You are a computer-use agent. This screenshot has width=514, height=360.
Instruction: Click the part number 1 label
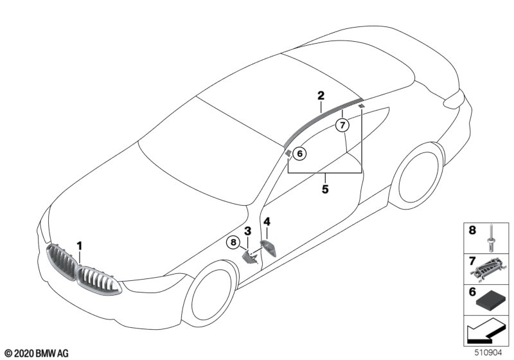(x=80, y=246)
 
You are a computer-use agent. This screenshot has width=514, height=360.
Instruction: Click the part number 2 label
(x=320, y=96)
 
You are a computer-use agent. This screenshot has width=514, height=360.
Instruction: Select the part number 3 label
(x=247, y=231)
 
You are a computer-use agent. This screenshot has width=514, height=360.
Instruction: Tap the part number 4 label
(x=267, y=222)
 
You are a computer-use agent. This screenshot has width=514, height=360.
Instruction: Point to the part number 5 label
(x=325, y=189)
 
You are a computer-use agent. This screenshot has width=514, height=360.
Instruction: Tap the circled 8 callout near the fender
(x=233, y=242)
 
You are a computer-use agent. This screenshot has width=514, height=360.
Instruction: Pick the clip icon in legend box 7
(x=492, y=271)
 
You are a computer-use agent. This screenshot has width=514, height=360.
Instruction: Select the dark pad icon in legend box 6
(x=492, y=300)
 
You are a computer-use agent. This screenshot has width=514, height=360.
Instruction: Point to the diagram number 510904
(x=492, y=353)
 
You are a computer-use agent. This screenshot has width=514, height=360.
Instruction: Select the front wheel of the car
(x=213, y=295)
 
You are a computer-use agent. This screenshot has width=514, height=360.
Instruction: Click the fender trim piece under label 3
(x=249, y=256)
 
